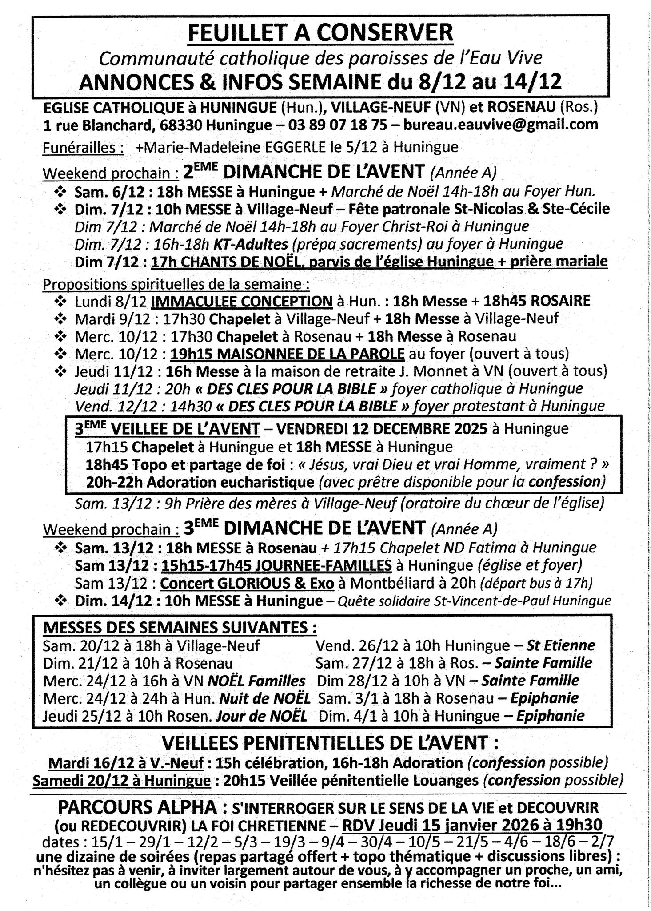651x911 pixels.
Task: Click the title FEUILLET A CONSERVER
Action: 320,34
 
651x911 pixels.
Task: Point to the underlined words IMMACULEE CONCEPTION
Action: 242,301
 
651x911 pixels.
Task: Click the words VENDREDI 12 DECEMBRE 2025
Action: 382,429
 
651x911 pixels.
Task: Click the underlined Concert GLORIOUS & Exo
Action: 247,583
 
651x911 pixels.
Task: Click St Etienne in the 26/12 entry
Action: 560,645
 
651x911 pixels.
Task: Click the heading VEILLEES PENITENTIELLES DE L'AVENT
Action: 330,742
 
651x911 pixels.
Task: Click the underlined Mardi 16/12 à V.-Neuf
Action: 126,763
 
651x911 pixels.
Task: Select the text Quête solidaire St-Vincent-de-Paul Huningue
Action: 474,601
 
